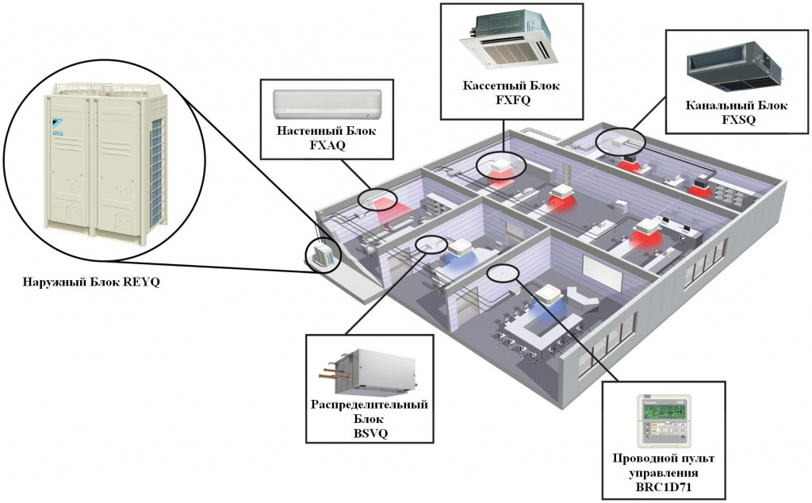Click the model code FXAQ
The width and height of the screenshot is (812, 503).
(x=327, y=146)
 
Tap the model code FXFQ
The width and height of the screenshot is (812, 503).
(x=513, y=101)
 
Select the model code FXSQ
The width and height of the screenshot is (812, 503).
(x=738, y=120)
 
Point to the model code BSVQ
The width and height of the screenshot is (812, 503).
(x=370, y=433)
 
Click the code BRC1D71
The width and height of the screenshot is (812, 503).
(x=664, y=487)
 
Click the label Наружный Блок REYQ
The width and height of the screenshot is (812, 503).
(x=91, y=282)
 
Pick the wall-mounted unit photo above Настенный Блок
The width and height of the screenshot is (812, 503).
(x=327, y=103)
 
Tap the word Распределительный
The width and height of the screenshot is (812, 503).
(x=370, y=404)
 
